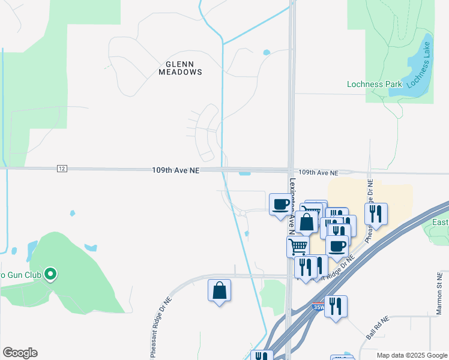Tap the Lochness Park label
(374, 84)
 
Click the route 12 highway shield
(62, 169)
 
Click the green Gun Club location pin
(51, 275)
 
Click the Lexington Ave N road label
(292, 204)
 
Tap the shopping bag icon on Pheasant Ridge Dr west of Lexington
(219, 290)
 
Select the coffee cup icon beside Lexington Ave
(280, 205)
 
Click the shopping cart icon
(298, 246)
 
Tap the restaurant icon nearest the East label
(376, 214)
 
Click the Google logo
(20, 352)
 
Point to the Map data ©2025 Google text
(412, 355)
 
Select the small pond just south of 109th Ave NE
(244, 174)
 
